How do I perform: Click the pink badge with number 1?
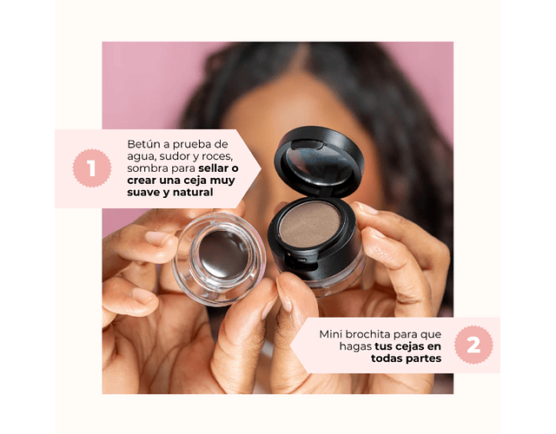92,168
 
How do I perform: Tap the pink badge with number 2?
473,345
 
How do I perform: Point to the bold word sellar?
214,168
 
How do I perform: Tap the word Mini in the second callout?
330,334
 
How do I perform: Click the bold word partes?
424,358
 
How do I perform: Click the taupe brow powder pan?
309,224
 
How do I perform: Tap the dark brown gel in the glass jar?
223,254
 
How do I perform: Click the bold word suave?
142,193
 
